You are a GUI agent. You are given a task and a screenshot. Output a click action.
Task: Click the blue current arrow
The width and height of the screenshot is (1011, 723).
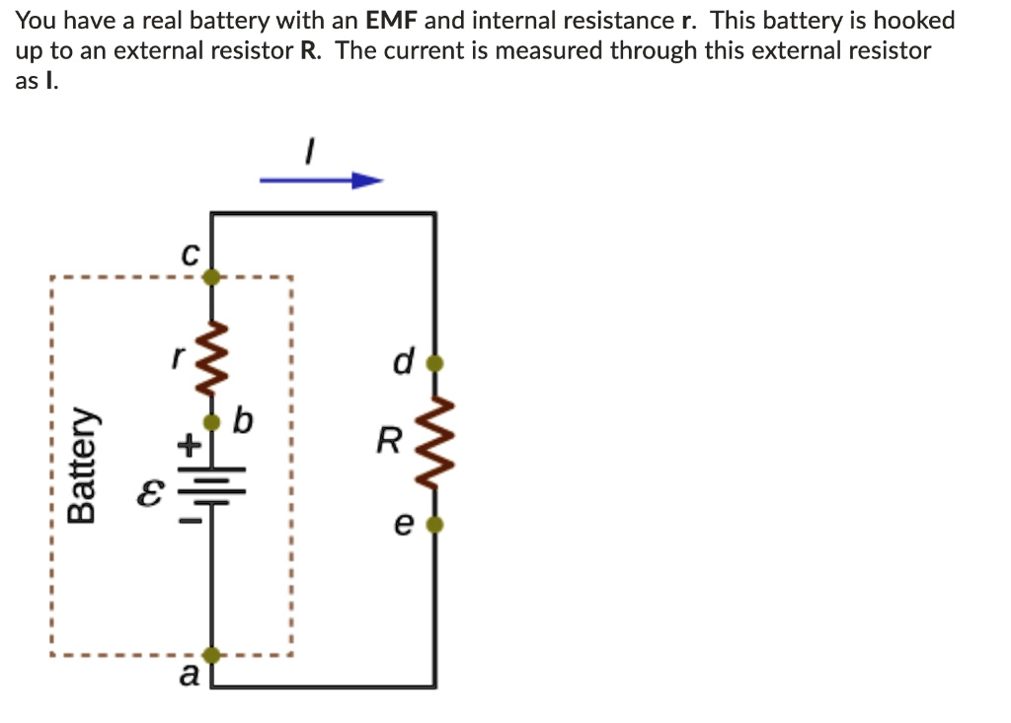pos(321,181)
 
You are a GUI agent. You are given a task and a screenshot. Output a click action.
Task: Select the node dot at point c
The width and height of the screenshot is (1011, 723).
pos(211,277)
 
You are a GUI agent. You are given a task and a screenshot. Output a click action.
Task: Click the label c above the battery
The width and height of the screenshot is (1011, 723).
pos(190,253)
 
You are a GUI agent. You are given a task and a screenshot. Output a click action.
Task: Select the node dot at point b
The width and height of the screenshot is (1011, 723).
pos(211,422)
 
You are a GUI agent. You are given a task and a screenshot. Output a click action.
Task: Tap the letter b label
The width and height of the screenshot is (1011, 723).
pos(243,422)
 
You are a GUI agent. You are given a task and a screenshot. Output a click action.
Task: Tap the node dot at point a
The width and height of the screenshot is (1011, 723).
pos(211,654)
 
